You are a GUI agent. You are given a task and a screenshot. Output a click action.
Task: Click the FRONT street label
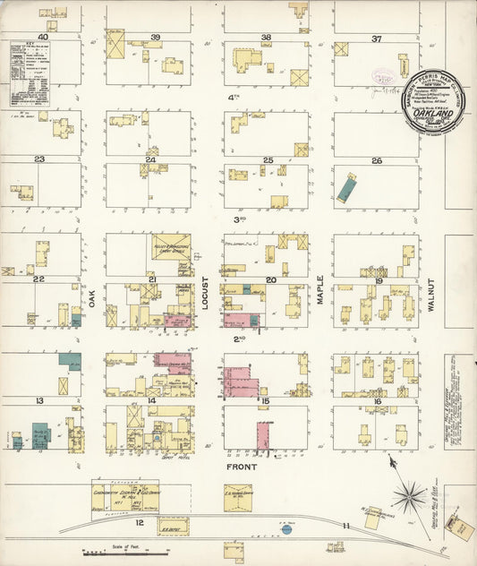coord(242,467)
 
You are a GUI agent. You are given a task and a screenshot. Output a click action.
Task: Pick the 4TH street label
coord(234,97)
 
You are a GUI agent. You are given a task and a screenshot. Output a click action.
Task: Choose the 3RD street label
coord(240,219)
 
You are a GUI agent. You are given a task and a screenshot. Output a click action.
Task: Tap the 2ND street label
coord(240,339)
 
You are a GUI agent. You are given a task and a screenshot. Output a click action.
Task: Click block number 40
coord(41,37)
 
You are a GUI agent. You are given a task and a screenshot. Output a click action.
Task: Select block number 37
coord(377,39)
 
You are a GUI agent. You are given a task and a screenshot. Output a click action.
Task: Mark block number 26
coord(377,161)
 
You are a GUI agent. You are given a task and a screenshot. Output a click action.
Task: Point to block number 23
coord(39,159)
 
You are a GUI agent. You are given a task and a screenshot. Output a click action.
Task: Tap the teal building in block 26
coord(345,188)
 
